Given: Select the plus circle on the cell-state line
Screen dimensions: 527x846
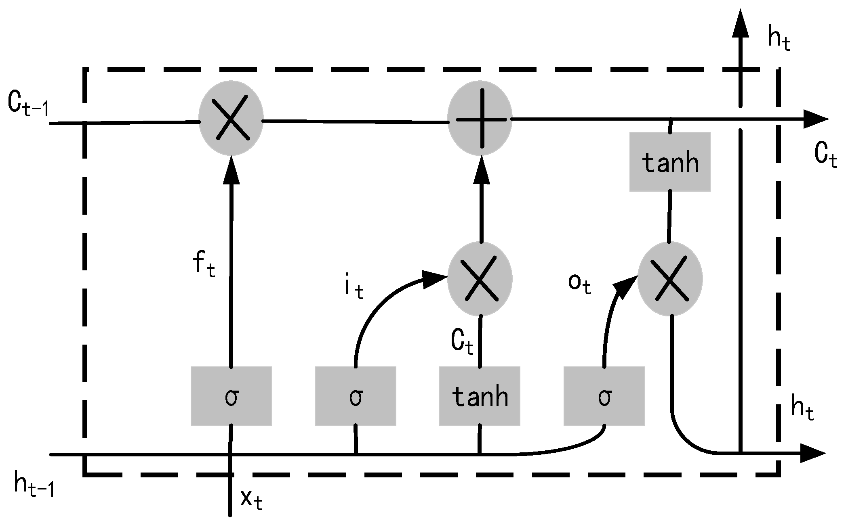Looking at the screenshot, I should [480, 119].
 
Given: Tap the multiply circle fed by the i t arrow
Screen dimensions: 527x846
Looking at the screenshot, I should [480, 279].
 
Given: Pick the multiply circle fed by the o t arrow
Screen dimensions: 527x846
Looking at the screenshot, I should [670, 279].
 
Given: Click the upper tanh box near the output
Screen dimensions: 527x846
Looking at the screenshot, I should [670, 162].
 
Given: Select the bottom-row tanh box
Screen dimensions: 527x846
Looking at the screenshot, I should [480, 396].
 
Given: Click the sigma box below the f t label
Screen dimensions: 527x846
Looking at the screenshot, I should [231, 396].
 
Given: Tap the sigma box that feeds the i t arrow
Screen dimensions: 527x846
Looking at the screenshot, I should [356, 396].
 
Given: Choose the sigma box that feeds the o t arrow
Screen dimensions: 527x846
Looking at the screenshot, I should [604, 396].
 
